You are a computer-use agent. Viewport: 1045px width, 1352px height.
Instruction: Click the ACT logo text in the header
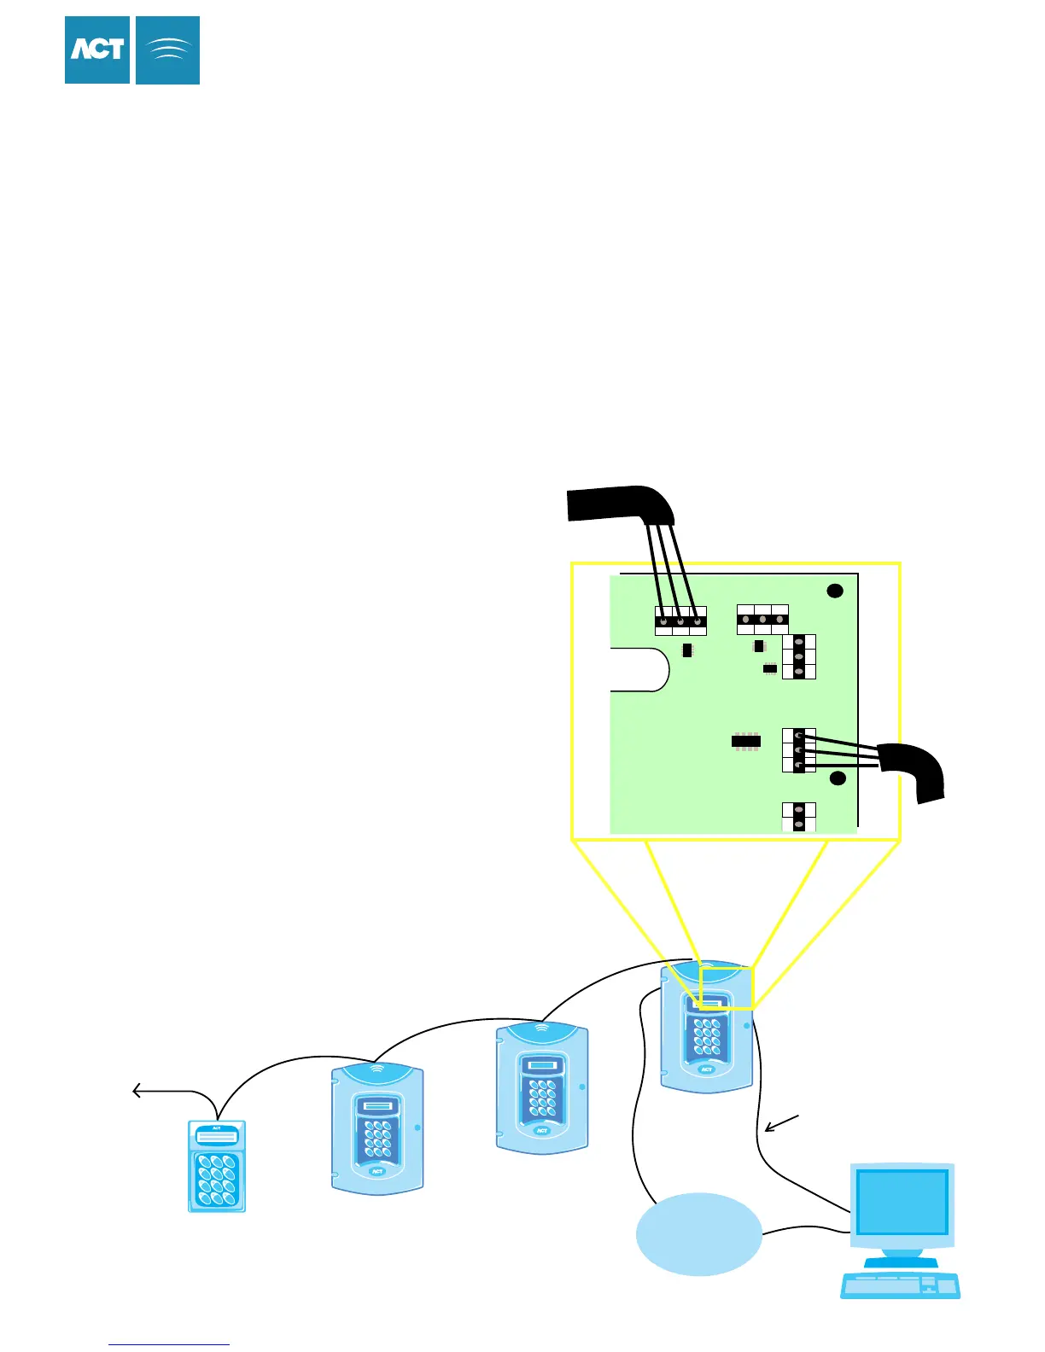97,50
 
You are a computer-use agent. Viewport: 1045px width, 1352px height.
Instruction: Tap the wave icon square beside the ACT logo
167,50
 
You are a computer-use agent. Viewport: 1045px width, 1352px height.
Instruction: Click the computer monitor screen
902,1201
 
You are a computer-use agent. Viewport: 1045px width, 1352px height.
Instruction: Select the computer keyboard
900,1285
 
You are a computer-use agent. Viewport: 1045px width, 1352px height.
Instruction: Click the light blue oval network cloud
698,1233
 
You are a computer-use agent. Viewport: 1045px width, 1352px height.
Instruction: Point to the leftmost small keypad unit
217,1166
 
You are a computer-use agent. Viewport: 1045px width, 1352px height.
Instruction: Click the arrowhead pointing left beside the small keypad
137,1091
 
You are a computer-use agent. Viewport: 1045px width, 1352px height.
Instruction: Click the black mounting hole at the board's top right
836,591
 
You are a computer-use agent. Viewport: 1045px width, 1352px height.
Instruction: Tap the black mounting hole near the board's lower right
838,778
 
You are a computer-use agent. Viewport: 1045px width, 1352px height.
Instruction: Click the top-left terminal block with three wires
680,621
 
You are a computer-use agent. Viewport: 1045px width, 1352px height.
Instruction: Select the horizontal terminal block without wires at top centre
762,620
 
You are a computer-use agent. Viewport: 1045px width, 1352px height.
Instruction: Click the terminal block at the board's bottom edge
799,817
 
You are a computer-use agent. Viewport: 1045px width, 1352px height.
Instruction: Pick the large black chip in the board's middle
746,741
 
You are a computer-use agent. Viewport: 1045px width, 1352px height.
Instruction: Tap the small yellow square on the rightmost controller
727,988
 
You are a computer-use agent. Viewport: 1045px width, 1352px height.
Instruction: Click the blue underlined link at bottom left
169,1343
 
